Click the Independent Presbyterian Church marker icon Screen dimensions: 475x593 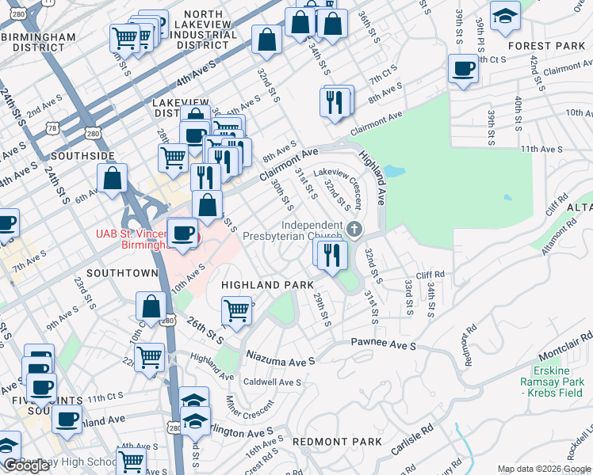[x=354, y=230]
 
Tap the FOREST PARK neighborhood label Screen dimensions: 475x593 [x=545, y=46]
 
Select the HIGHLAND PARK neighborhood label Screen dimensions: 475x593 [x=267, y=284]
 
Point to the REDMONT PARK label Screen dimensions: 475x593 [x=337, y=441]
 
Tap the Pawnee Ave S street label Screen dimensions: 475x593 [x=384, y=346]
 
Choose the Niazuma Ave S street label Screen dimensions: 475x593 [x=281, y=359]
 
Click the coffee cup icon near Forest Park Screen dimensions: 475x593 [x=462, y=68]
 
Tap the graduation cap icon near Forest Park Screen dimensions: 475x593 [x=505, y=17]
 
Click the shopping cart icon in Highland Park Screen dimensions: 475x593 [x=236, y=310]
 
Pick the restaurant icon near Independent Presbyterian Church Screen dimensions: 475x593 [x=332, y=253]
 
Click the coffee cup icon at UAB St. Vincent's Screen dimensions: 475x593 [x=184, y=233]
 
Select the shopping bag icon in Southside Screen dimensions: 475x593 [x=113, y=179]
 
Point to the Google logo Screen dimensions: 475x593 [x=25, y=465]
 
